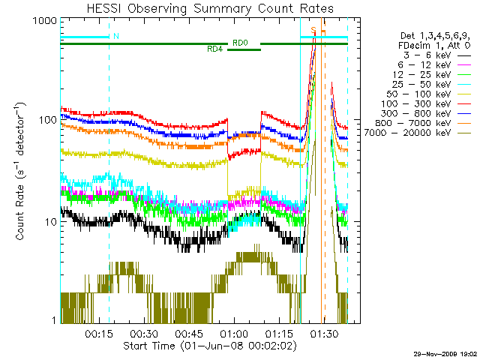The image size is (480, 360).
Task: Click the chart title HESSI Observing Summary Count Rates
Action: click(204, 8)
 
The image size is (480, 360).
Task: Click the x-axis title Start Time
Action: click(204, 346)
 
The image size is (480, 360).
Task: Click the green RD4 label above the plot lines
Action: click(214, 49)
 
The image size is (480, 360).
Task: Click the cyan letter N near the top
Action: click(115, 36)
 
